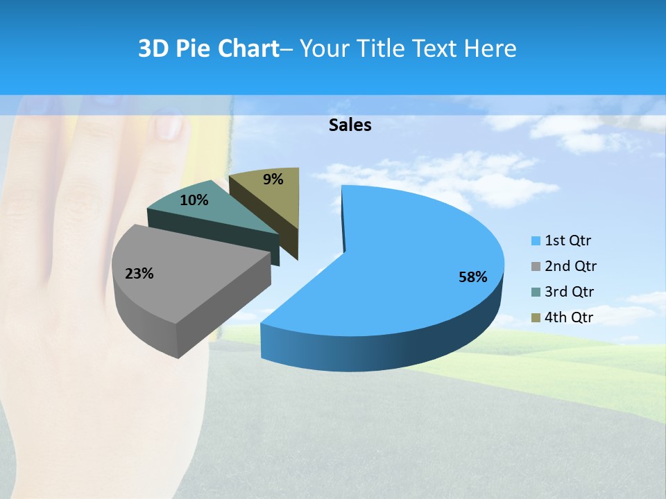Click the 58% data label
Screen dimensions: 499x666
(x=472, y=277)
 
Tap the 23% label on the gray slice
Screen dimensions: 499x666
(x=139, y=274)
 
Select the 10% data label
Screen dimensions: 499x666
(x=194, y=200)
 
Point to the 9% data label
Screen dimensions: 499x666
(x=273, y=180)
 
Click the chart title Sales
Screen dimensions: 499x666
(x=350, y=125)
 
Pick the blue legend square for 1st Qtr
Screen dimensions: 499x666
(x=536, y=241)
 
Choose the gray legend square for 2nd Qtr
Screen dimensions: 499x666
(x=536, y=267)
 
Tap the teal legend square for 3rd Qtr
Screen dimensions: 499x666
(x=536, y=292)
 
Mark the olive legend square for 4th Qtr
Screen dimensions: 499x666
(x=536, y=318)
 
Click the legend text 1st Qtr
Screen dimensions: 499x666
(x=568, y=241)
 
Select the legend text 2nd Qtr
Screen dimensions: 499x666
(x=570, y=267)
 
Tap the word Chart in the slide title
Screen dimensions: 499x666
(x=248, y=49)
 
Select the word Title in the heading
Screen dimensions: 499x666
(x=382, y=49)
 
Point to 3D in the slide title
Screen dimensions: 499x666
(x=154, y=49)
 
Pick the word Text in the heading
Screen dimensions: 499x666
(x=435, y=49)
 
